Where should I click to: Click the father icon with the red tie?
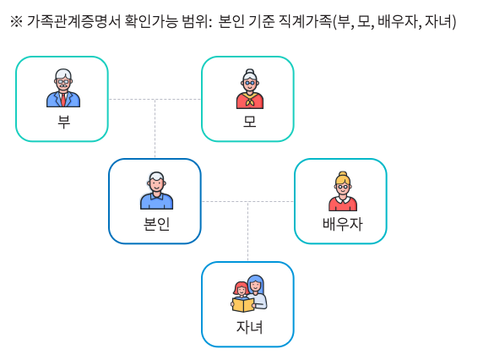[63, 88]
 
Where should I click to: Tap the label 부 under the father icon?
[63, 122]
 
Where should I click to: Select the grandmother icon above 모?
[250, 89]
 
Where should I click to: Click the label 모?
[249, 122]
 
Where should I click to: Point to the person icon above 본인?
[156, 190]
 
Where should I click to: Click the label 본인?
[156, 224]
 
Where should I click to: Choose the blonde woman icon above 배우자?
[343, 191]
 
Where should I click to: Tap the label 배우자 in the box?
[343, 224]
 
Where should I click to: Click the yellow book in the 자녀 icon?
[243, 305]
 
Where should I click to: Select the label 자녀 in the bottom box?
[249, 327]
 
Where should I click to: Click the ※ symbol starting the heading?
[16, 22]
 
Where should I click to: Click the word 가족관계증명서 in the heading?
[73, 22]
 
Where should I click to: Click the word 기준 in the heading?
[261, 22]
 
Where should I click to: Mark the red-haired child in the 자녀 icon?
[241, 289]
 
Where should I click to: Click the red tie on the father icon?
[63, 100]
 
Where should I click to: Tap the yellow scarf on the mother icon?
[250, 98]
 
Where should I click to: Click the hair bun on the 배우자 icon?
[343, 174]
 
